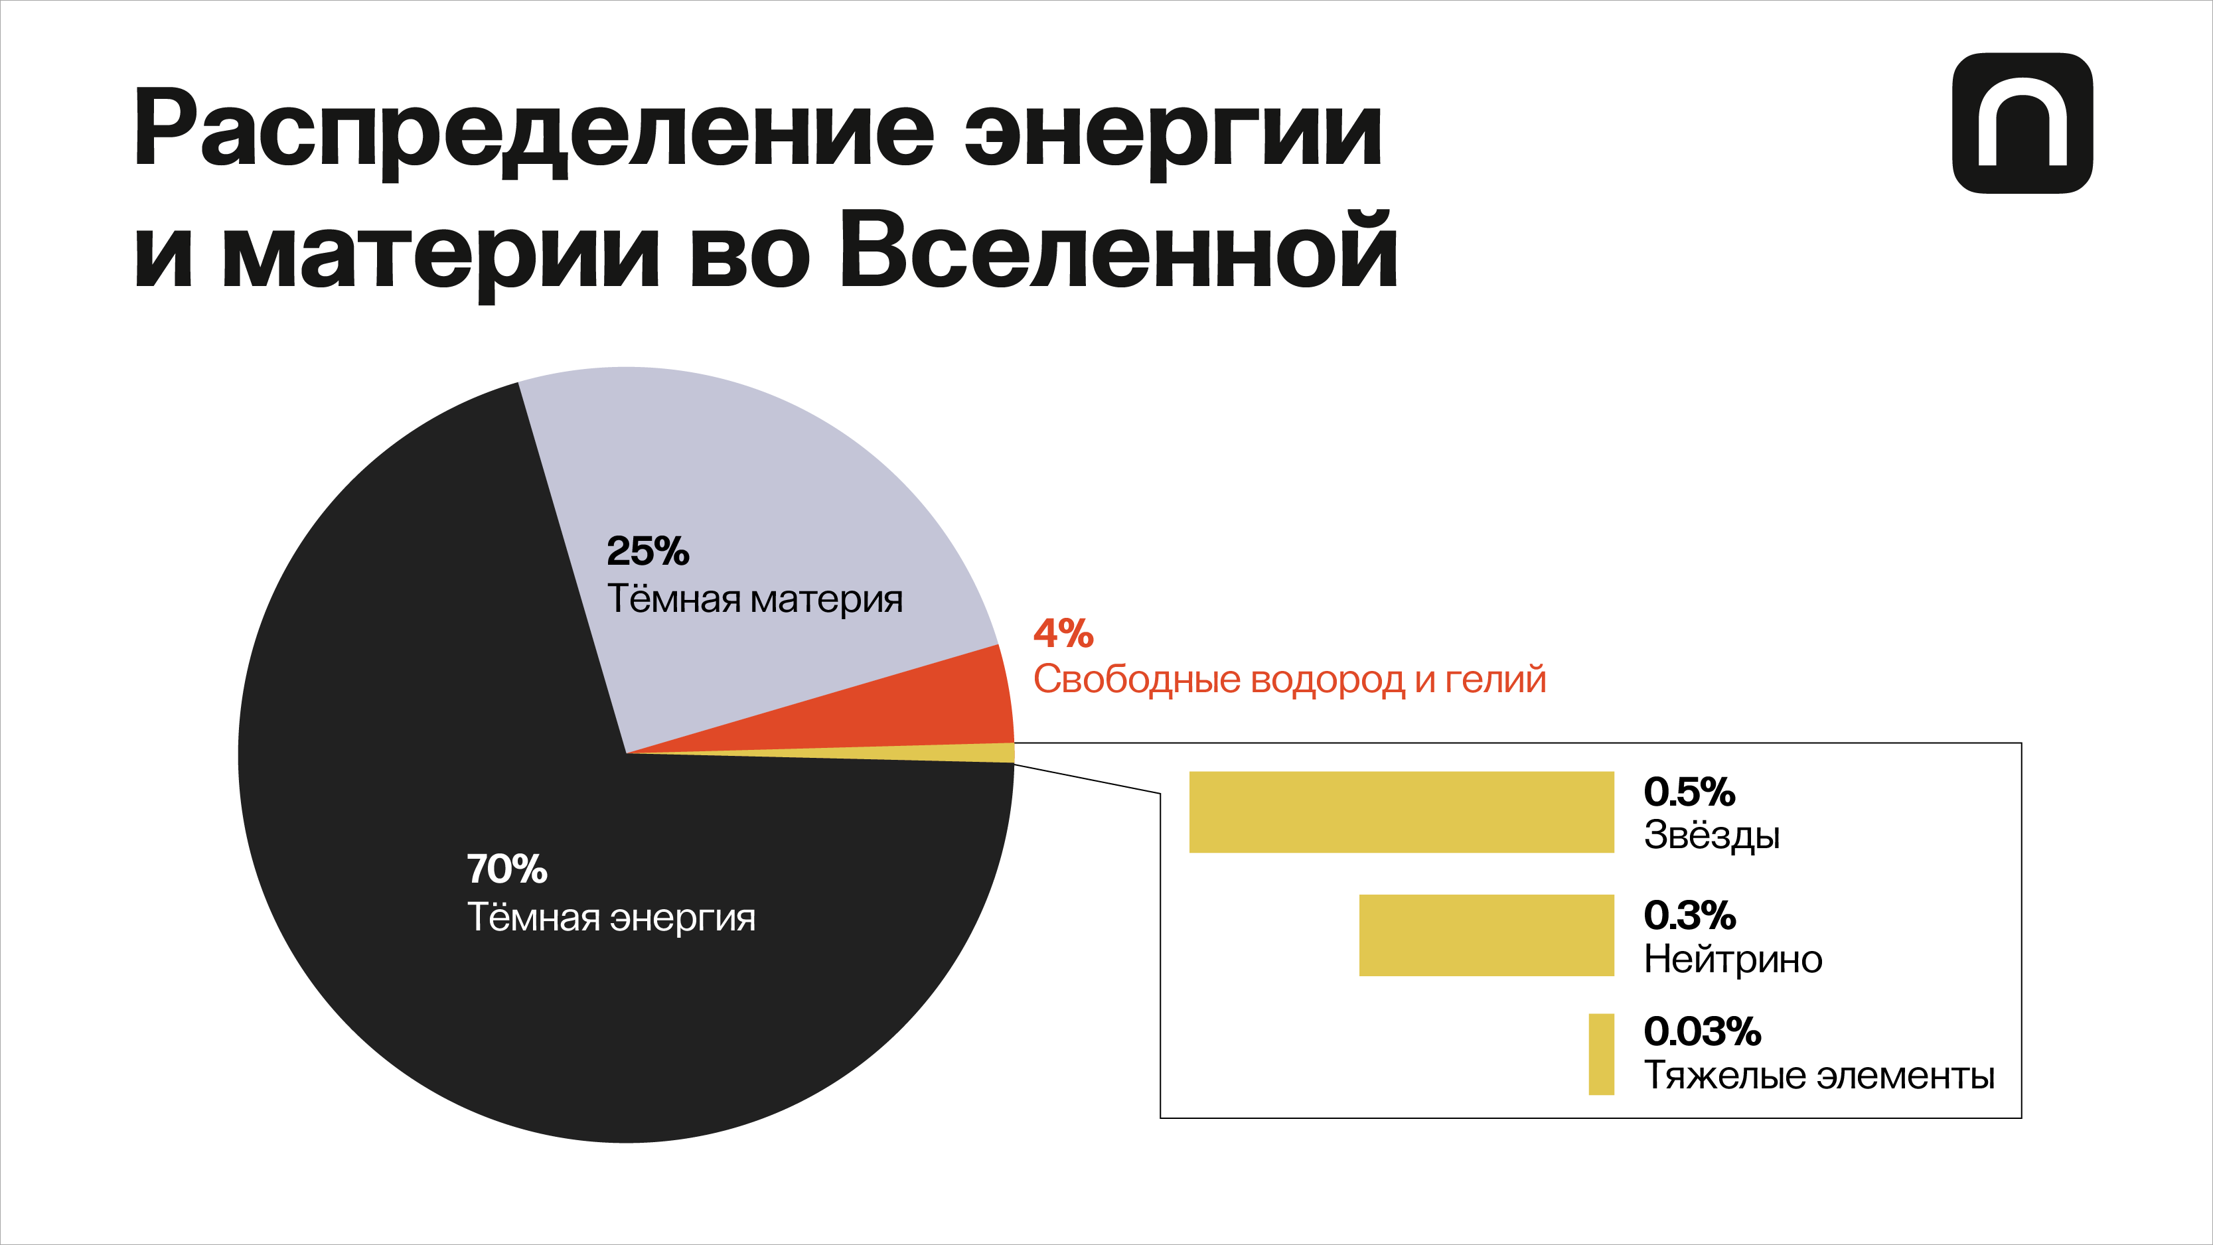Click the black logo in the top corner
click(2022, 123)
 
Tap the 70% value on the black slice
click(507, 869)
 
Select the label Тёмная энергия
click(611, 918)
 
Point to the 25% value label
click(648, 551)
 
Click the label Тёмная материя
click(754, 599)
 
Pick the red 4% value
click(1063, 633)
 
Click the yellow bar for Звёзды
click(1401, 812)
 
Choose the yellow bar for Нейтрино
click(1486, 935)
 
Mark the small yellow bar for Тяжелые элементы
click(1600, 1055)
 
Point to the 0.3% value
click(1689, 915)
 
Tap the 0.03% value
click(1702, 1031)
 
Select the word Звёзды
click(1711, 835)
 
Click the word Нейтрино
click(1733, 959)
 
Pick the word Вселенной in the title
click(1118, 251)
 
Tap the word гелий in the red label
click(1495, 680)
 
